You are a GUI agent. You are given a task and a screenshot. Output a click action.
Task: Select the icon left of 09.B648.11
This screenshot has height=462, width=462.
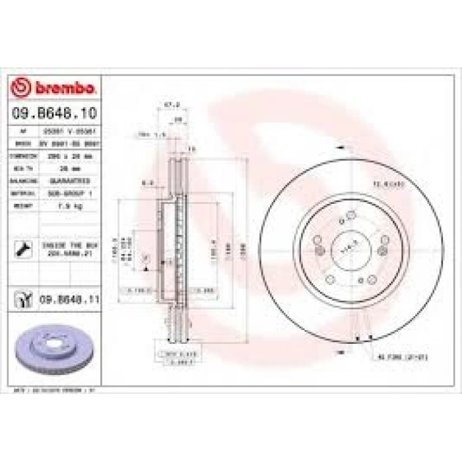click(23, 300)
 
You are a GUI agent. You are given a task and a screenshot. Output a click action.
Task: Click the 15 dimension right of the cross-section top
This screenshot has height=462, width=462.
click(192, 149)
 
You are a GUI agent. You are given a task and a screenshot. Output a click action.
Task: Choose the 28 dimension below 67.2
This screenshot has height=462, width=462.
click(176, 120)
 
